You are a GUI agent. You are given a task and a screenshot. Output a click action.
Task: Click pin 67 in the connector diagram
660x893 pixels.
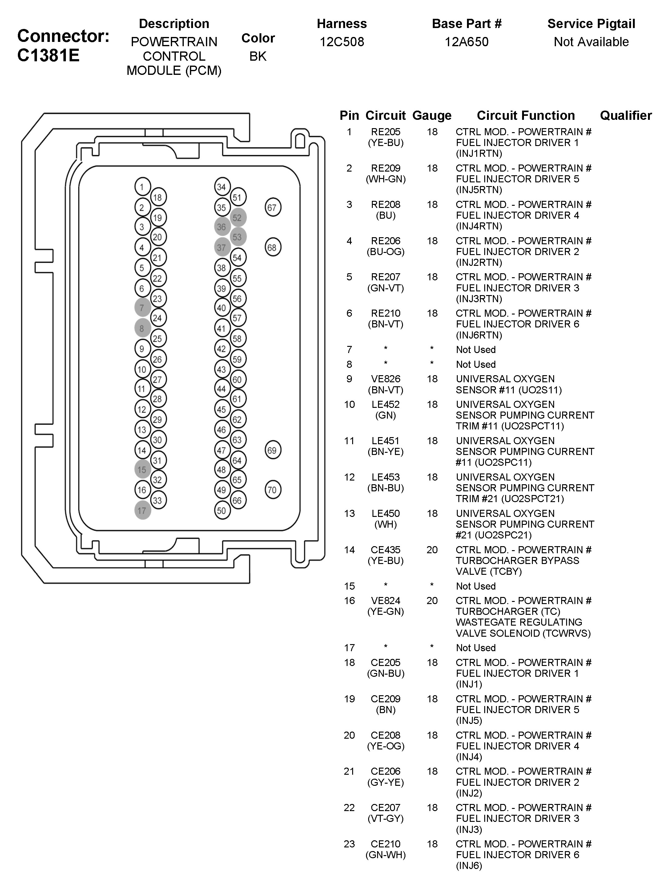(x=273, y=207)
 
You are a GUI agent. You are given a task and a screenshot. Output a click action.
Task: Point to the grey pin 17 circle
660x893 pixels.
(x=143, y=510)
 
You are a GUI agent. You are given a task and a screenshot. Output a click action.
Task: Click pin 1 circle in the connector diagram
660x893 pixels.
(x=142, y=187)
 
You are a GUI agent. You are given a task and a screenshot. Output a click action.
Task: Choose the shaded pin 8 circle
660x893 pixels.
(x=143, y=328)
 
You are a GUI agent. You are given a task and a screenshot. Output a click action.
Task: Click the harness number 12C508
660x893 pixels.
(x=342, y=42)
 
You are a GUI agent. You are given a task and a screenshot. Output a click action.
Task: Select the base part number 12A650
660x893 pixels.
(x=466, y=42)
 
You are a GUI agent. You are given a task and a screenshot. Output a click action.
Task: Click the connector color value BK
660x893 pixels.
(x=258, y=56)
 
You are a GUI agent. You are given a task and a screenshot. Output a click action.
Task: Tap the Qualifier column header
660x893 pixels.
(x=625, y=116)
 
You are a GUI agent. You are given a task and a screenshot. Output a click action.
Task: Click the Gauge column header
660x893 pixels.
(x=432, y=116)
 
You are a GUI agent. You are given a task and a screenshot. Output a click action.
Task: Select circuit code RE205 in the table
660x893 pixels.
(x=385, y=132)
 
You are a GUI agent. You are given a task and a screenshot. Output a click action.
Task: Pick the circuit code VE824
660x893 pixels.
(x=385, y=600)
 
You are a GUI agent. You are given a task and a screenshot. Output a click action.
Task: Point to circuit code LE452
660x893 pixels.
(x=385, y=404)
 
